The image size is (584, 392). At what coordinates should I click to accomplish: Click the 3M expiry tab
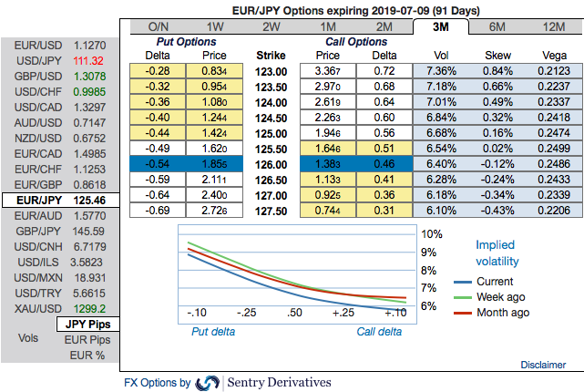pos(440,26)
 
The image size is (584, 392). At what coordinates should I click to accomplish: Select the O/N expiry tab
pos(158,26)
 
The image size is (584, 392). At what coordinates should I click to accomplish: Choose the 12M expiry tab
pos(553,26)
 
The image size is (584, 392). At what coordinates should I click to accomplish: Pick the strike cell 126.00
pos(272,164)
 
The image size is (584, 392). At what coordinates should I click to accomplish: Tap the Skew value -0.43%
pos(496,211)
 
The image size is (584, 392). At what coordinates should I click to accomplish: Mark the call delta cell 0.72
pos(384,70)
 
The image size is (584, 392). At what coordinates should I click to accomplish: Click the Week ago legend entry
pos(501,297)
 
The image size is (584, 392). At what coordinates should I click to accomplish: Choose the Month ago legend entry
pos(503,313)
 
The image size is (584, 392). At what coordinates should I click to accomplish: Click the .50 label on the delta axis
pos(295,313)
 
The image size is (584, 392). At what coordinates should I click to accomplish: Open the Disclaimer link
pos(543,364)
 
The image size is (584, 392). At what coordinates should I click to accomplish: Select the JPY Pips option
pos(86,323)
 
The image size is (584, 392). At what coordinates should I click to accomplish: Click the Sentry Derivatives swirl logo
pos(208,383)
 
